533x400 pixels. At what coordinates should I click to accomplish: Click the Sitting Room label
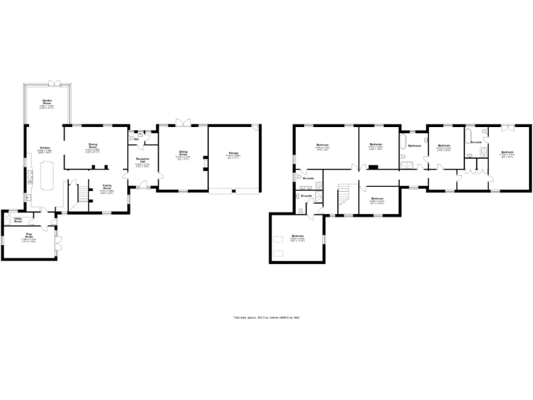pyautogui.click(x=183, y=154)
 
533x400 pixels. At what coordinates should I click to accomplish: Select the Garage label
pyautogui.click(x=232, y=153)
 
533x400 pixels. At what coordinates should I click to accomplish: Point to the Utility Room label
pyautogui.click(x=19, y=220)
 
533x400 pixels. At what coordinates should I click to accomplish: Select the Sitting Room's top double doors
pyautogui.click(x=183, y=122)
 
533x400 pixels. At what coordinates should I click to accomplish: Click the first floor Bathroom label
pyautogui.click(x=414, y=145)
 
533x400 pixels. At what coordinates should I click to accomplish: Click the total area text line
pyautogui.click(x=266, y=317)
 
